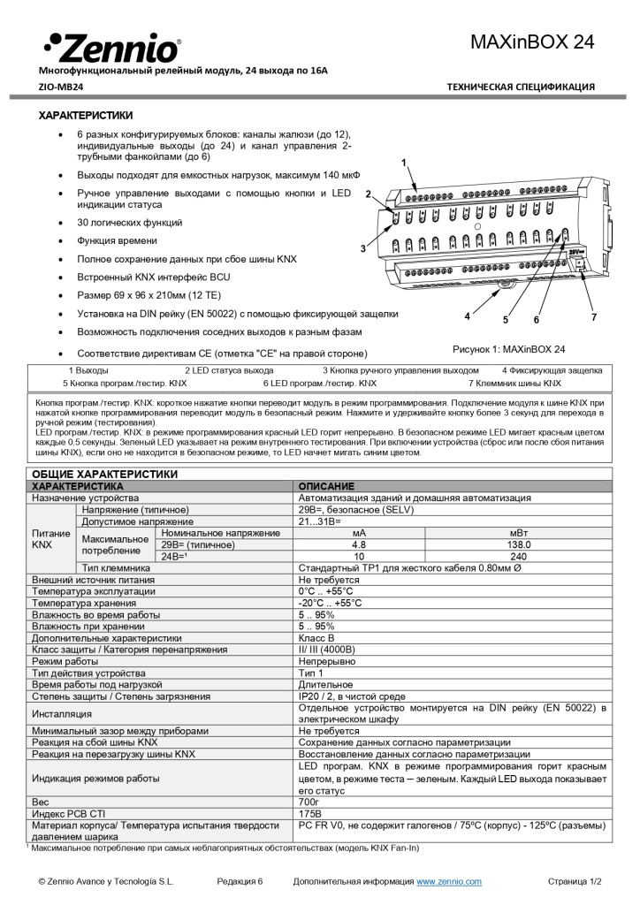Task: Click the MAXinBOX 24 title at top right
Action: tap(533, 42)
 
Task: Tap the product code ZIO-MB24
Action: tap(61, 87)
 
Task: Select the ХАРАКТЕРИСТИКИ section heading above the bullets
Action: tap(86, 115)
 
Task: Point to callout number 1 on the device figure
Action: tap(404, 163)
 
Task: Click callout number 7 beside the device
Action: tap(594, 316)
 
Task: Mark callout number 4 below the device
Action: tap(466, 316)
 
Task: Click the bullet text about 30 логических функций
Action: tap(130, 223)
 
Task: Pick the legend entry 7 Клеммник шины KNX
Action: tap(514, 384)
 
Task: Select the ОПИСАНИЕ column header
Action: tap(326, 486)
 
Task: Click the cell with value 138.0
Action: tap(518, 545)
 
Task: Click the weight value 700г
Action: tap(309, 800)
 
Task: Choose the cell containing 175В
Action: tap(309, 812)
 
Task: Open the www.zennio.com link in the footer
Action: tap(449, 881)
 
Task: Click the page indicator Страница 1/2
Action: tap(575, 881)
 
